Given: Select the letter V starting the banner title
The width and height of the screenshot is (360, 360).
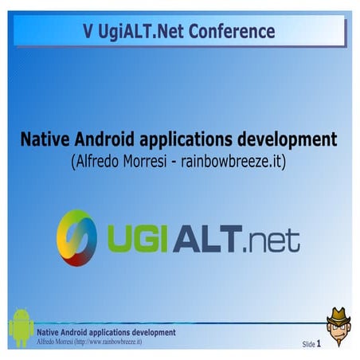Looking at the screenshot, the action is click(88, 31).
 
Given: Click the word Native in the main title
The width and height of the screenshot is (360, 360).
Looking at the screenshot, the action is click(45, 139).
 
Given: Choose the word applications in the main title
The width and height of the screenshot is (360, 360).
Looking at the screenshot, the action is click(186, 140).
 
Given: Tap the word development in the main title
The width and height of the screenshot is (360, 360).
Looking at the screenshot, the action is click(288, 140).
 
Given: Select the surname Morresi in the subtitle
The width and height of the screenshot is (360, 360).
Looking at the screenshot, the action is click(145, 161).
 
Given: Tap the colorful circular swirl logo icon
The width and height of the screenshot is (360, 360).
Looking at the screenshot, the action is click(76, 238).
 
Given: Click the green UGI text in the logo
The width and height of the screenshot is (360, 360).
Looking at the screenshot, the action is click(138, 238).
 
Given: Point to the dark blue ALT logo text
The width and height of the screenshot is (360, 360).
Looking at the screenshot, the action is click(207, 238).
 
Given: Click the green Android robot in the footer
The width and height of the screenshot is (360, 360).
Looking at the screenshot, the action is click(22, 328).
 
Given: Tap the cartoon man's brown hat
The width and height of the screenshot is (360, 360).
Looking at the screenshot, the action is click(338, 317).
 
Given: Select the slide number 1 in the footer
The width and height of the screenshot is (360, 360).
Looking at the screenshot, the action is click(319, 344).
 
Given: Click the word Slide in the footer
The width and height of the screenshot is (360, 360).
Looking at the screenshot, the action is click(308, 344).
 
